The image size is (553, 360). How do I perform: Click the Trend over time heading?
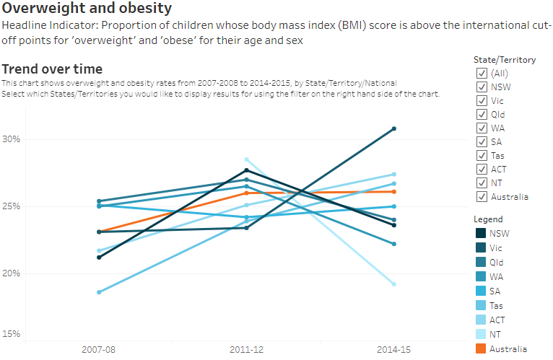(x=52, y=69)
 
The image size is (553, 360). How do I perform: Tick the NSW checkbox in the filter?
(x=481, y=87)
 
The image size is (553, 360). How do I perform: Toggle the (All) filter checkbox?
(x=481, y=73)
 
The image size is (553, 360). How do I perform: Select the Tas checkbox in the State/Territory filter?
(x=481, y=155)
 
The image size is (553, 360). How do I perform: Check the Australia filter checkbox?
(x=481, y=196)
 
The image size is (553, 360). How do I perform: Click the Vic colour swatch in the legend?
(x=481, y=247)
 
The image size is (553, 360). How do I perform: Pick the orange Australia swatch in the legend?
(x=481, y=349)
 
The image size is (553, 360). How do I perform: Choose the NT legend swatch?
(x=481, y=335)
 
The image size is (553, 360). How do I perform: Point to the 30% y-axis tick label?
(x=10, y=139)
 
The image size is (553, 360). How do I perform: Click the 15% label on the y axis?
(x=10, y=334)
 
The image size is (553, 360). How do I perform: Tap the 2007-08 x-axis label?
(x=98, y=349)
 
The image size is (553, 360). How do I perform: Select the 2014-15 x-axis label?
(x=394, y=349)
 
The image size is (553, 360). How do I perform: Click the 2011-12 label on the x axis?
(x=246, y=349)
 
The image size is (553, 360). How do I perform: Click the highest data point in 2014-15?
(x=394, y=128)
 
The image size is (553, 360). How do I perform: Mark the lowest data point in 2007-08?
(x=98, y=292)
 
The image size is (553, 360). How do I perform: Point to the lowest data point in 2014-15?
(x=394, y=284)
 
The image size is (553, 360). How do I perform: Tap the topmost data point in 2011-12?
(x=246, y=159)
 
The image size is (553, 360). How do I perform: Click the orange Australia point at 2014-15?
(x=394, y=191)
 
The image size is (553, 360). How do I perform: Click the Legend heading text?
(x=488, y=219)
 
